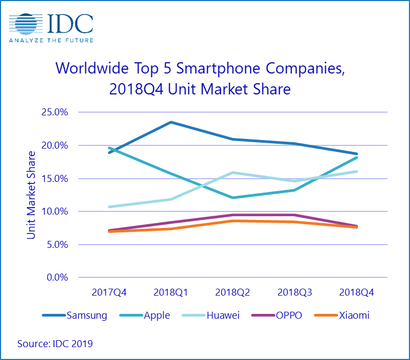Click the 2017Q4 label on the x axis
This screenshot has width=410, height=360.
109,293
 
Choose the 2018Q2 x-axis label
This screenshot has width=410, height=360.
232,293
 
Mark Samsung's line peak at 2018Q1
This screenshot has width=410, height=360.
171,122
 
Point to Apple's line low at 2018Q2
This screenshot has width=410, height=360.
232,197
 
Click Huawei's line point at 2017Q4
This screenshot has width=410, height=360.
109,207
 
